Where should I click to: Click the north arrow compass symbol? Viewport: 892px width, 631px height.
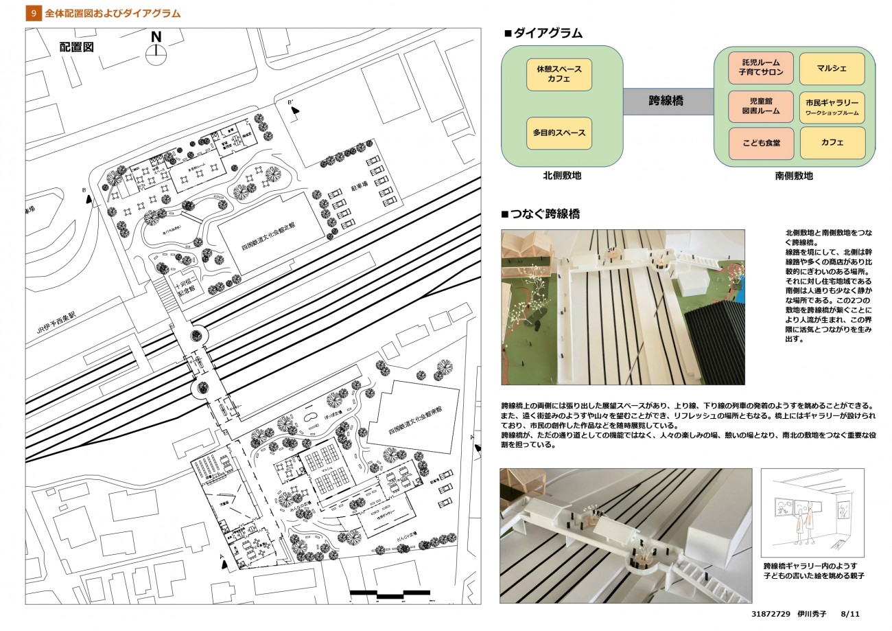[x=156, y=50]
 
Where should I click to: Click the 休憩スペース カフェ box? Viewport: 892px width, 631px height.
[x=559, y=75]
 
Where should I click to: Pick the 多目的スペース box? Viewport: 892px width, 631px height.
[x=559, y=133]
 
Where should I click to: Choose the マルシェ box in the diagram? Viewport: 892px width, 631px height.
[x=832, y=69]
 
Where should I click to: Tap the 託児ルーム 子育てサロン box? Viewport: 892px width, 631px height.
[x=761, y=69]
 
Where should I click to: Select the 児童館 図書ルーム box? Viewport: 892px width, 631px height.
[x=761, y=106]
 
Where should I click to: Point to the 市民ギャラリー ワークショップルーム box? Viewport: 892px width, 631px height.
[x=832, y=107]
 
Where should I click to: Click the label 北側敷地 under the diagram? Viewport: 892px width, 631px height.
[x=562, y=176]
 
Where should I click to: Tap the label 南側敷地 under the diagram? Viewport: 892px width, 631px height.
[x=794, y=176]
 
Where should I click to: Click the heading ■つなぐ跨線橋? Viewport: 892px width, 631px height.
[x=541, y=214]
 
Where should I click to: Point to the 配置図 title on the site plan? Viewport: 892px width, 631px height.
[x=76, y=47]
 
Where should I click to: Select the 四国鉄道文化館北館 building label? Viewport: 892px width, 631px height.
[x=268, y=237]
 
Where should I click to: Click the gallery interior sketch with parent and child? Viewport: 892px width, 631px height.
[x=812, y=513]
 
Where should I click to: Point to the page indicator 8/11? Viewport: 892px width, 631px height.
[x=850, y=615]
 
